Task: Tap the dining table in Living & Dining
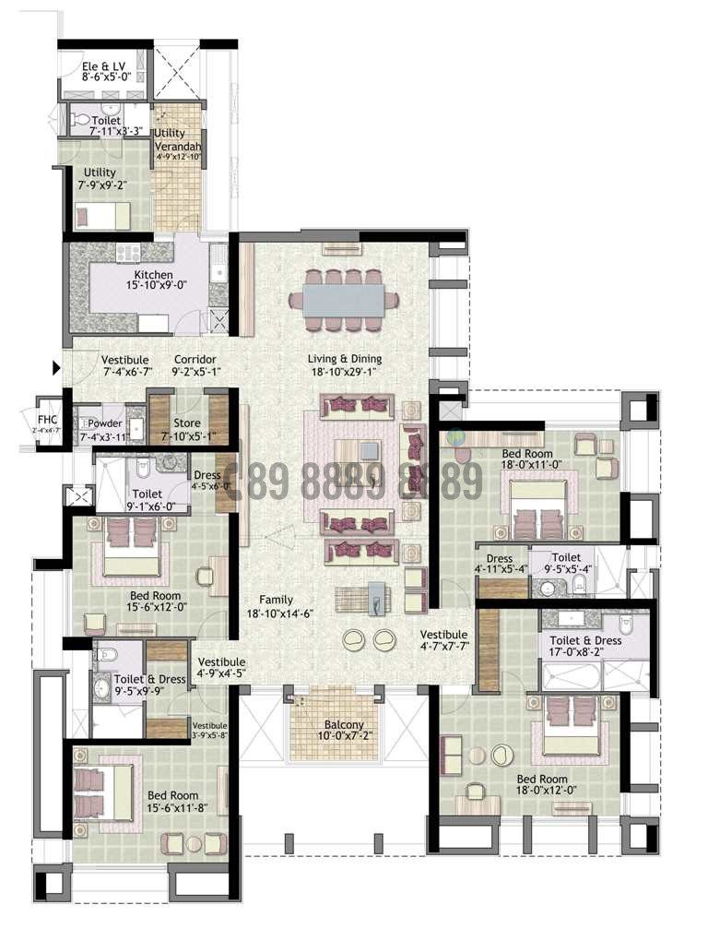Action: coord(343,299)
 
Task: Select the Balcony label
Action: coord(330,725)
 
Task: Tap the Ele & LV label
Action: coord(102,66)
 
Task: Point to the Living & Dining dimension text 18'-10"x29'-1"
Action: coord(345,374)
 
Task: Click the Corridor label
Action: coord(195,360)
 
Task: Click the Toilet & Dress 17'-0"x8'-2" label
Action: coord(585,640)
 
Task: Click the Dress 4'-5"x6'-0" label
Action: coord(207,475)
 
